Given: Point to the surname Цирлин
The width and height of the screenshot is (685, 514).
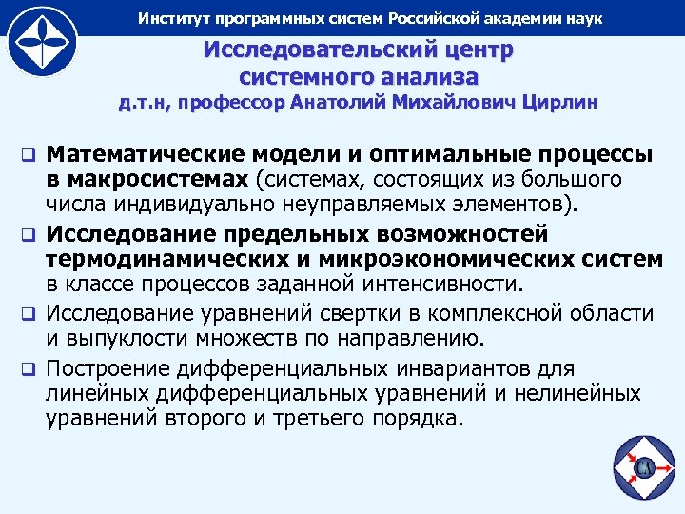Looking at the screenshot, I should point(559,104).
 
